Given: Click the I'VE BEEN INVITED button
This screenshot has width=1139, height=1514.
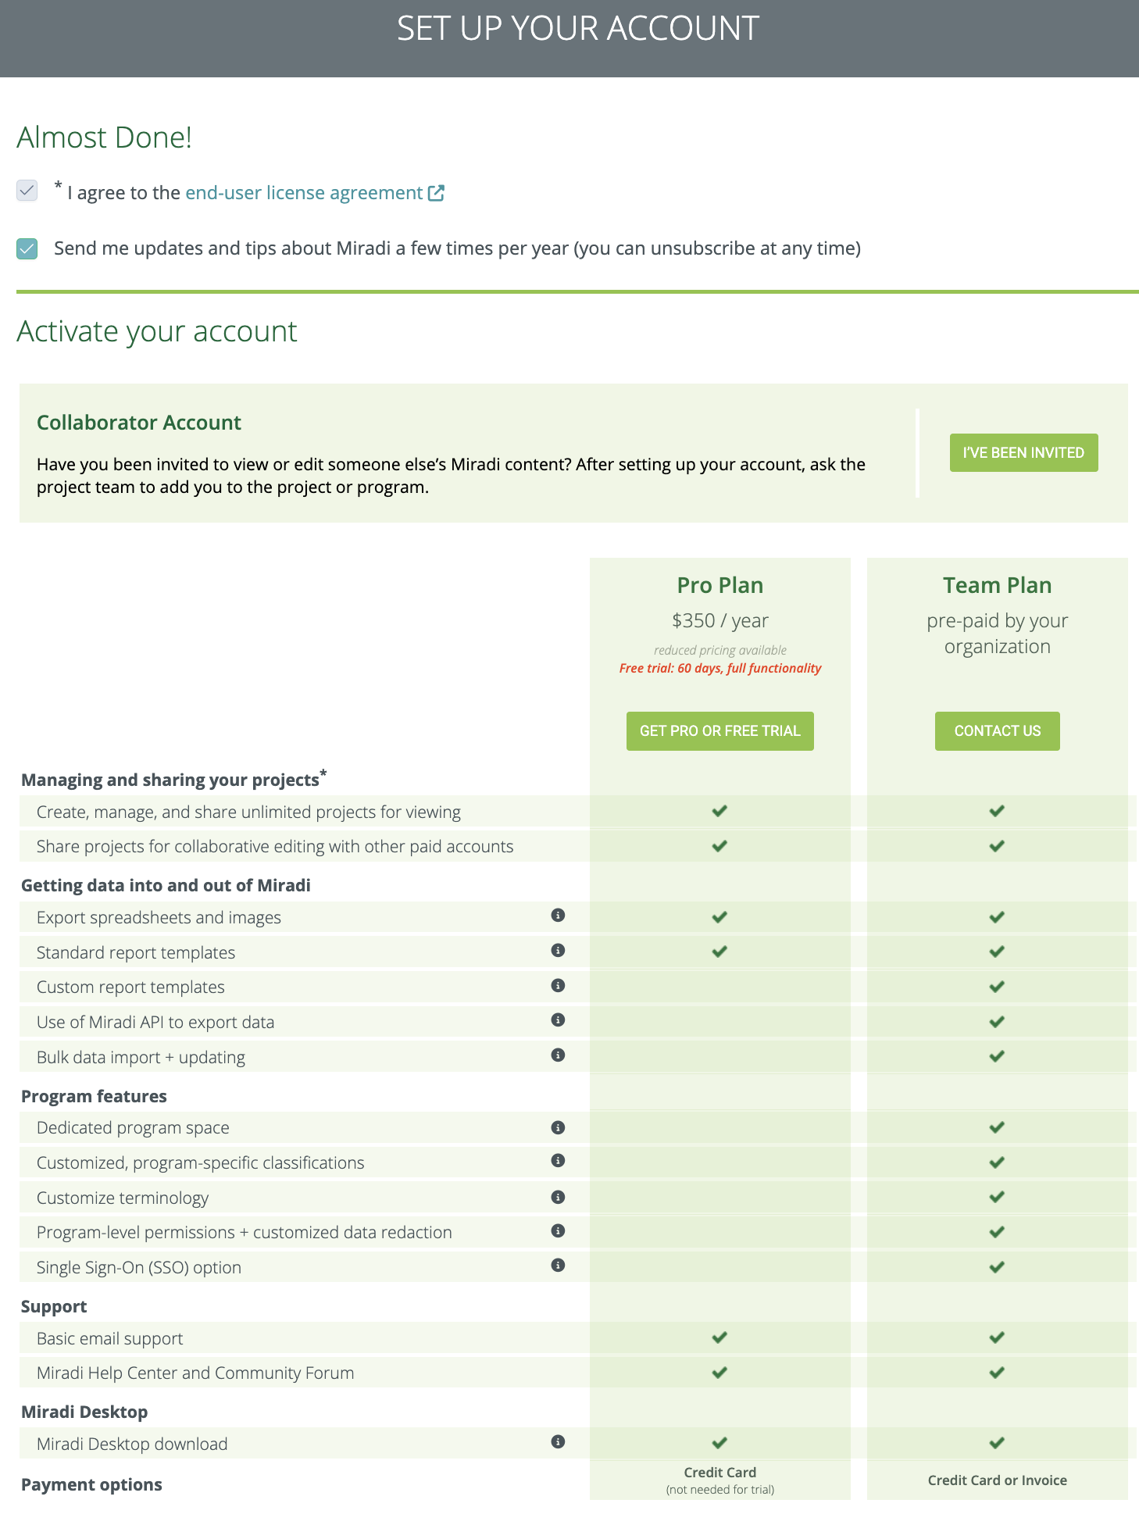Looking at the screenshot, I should (1023, 453).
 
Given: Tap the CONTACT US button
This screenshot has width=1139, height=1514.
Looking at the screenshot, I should (997, 731).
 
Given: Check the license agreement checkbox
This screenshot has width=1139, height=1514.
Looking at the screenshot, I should (27, 191).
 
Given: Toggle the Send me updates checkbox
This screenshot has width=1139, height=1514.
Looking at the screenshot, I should (27, 249).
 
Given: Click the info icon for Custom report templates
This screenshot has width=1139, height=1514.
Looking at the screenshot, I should (558, 986).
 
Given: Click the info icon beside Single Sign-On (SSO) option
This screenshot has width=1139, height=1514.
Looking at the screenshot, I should (558, 1266).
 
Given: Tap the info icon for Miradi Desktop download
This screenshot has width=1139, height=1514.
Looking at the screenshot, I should (558, 1442).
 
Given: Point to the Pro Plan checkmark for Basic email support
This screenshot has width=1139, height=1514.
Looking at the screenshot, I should (719, 1338).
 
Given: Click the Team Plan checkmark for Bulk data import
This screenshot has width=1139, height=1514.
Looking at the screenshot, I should (997, 1057).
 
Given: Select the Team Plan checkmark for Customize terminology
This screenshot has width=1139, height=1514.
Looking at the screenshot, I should (997, 1198).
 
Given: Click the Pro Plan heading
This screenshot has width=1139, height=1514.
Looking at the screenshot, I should (719, 585).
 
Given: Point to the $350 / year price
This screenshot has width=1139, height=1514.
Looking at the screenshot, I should (719, 621).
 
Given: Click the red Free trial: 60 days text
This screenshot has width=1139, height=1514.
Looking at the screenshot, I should (719, 669).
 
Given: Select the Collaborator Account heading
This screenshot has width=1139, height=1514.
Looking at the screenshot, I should (139, 423).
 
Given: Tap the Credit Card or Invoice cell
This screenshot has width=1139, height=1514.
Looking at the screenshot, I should (997, 1480).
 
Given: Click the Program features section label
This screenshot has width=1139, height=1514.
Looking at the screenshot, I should (94, 1096).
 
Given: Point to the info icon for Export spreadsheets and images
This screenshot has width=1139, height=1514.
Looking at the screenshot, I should (558, 916).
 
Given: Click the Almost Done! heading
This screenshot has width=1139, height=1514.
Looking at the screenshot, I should (104, 137).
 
